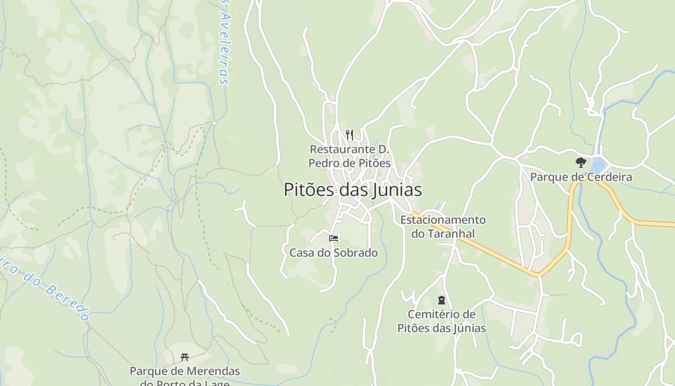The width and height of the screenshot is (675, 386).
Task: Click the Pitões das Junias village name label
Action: pyautogui.click(x=352, y=190)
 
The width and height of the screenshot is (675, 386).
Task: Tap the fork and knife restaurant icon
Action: pyautogui.click(x=350, y=135)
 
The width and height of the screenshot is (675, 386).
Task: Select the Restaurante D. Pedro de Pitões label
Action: pyautogui.click(x=350, y=156)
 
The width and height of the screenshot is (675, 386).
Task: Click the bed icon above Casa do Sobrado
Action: pyautogui.click(x=334, y=238)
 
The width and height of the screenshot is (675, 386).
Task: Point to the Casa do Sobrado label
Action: pyautogui.click(x=334, y=253)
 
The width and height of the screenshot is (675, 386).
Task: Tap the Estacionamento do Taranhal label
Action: pyautogui.click(x=443, y=227)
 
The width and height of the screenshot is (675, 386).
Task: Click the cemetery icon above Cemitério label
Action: pyautogui.click(x=441, y=300)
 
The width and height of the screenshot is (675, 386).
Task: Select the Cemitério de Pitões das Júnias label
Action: pyautogui.click(x=441, y=321)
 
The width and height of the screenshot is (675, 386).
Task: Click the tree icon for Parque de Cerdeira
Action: pyautogui.click(x=580, y=163)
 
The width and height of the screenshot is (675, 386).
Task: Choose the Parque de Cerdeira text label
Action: pyautogui.click(x=581, y=177)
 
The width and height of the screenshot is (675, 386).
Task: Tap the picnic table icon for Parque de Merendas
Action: pyautogui.click(x=184, y=358)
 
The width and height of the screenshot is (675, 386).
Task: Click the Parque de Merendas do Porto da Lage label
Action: pyautogui.click(x=185, y=377)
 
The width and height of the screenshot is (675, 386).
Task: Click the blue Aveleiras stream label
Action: pyautogui.click(x=223, y=43)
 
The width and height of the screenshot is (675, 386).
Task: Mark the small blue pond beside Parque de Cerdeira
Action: pyautogui.click(x=598, y=165)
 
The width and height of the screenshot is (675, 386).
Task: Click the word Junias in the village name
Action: pyautogui.click(x=397, y=190)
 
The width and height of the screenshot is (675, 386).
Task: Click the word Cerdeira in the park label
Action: pyautogui.click(x=608, y=177)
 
